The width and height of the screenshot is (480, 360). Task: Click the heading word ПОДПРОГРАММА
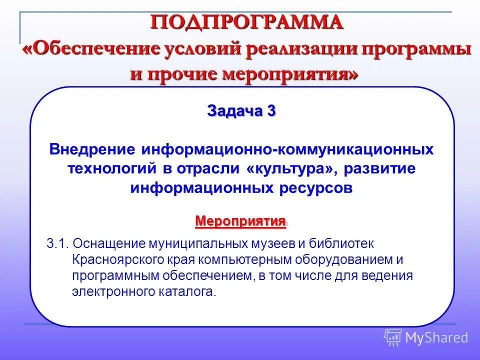(x=247, y=22)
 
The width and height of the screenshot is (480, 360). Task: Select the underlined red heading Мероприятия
(x=240, y=220)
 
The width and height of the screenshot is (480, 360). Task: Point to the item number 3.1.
(x=57, y=243)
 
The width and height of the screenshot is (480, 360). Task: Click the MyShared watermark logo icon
(x=392, y=337)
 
